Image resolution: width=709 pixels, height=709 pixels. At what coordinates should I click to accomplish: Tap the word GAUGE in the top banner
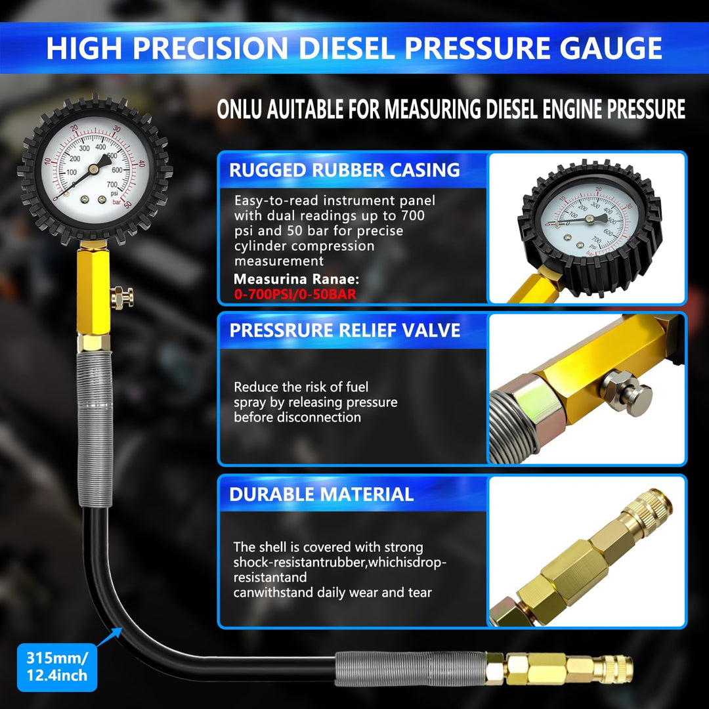click(611, 48)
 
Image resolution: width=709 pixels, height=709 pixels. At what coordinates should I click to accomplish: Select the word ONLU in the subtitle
click(239, 109)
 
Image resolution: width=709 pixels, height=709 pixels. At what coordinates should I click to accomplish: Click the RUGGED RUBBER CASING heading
click(345, 170)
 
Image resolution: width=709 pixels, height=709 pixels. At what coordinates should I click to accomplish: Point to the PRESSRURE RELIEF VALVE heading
click(345, 330)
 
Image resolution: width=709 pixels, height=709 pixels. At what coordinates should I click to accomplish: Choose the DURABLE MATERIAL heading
click(322, 494)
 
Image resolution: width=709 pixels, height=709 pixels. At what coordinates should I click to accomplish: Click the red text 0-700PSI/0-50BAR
click(295, 294)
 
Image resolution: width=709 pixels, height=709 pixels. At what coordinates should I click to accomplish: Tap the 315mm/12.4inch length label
click(57, 666)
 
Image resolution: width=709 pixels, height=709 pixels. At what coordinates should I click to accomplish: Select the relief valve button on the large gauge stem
click(122, 297)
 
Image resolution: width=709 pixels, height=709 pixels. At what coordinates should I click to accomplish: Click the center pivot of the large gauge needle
click(94, 169)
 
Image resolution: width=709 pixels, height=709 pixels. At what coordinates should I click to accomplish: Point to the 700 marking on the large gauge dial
click(112, 184)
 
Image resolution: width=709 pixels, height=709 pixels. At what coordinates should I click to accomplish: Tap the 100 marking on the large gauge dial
click(72, 172)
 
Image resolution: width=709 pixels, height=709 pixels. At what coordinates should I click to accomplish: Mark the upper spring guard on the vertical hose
click(95, 429)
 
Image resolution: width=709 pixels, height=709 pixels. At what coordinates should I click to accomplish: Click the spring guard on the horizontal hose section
click(410, 668)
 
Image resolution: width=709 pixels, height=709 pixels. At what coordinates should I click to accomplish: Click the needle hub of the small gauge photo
click(589, 219)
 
